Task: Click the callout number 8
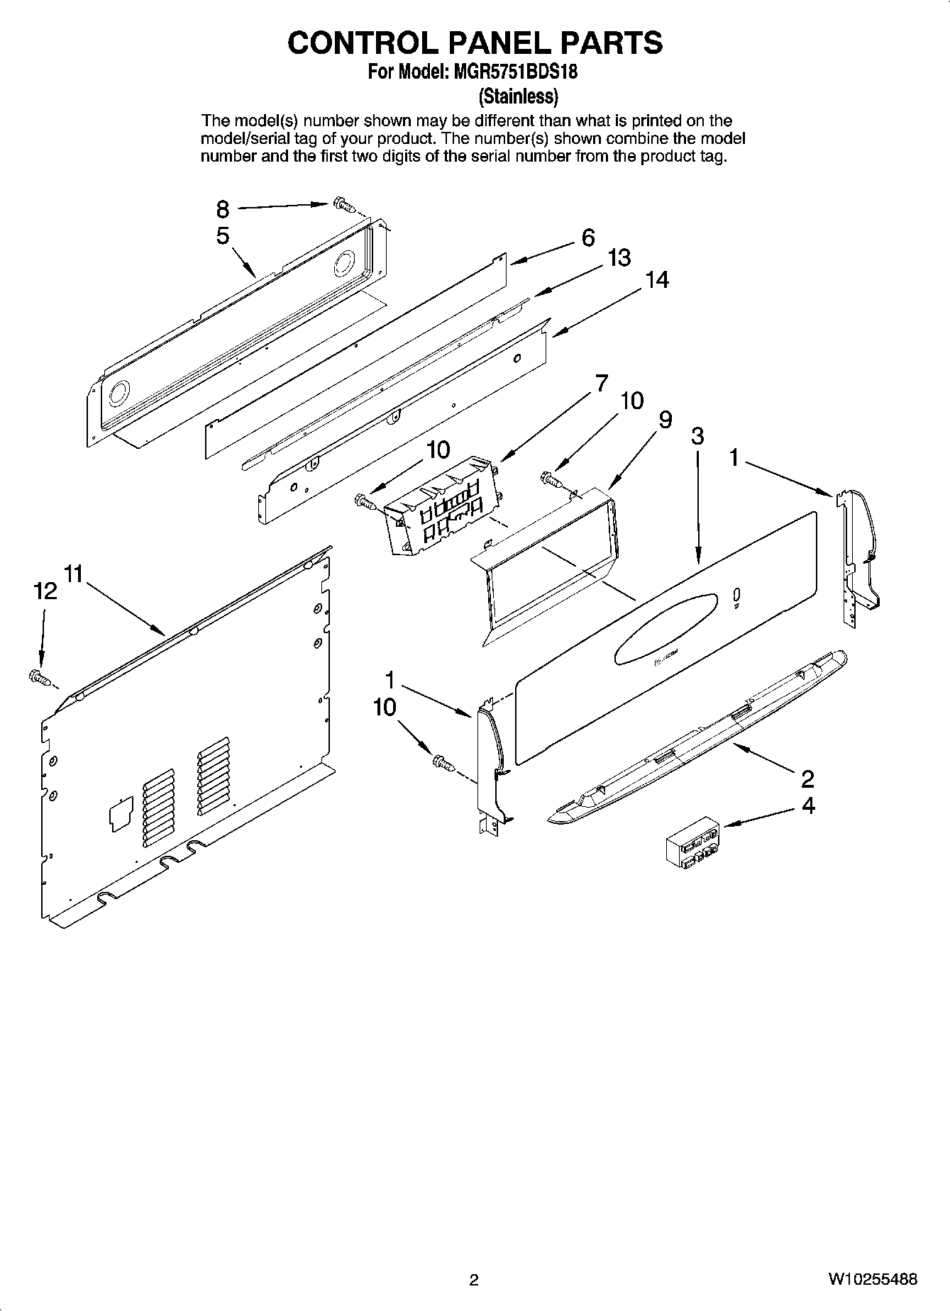[x=223, y=209]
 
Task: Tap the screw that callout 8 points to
[x=343, y=204]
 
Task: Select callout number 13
[x=619, y=258]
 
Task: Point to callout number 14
[x=656, y=281]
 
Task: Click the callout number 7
[x=601, y=384]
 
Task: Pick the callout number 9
[x=665, y=420]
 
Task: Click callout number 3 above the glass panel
[x=697, y=436]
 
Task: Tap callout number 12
[x=45, y=591]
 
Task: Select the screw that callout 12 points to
[x=40, y=678]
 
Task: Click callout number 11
[x=74, y=573]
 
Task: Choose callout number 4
[x=807, y=805]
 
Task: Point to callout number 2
[x=807, y=779]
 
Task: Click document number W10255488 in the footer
[x=872, y=1279]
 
